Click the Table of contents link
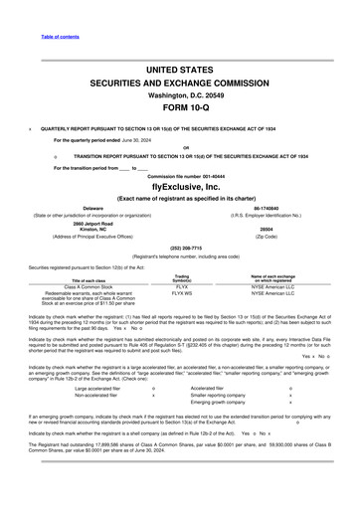(60, 9)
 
